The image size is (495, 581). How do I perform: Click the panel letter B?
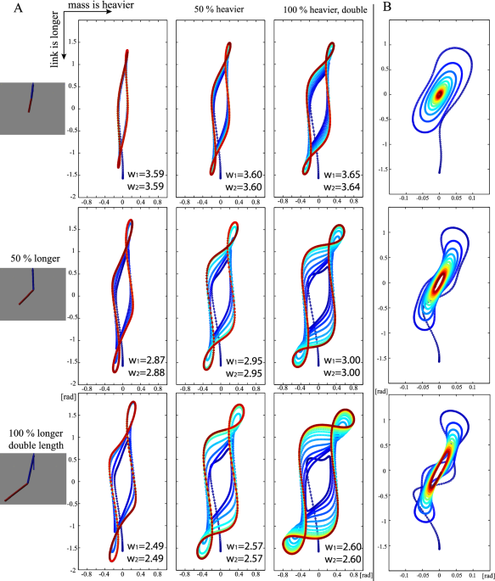[x=387, y=9]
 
